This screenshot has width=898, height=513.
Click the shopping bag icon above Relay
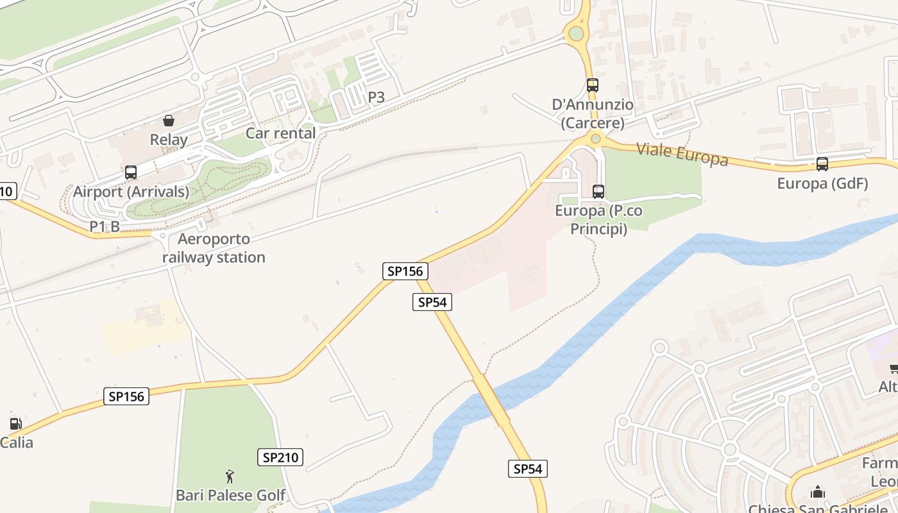click(x=169, y=121)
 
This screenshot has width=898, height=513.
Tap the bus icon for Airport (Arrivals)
click(x=131, y=172)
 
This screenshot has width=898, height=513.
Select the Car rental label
click(x=281, y=133)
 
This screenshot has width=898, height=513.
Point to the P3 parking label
click(x=377, y=97)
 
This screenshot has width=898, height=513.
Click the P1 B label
click(x=105, y=226)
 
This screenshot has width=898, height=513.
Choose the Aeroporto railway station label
click(x=214, y=248)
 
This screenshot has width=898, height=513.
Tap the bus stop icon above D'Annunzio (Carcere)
click(x=592, y=85)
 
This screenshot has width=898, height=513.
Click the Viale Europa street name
click(x=682, y=155)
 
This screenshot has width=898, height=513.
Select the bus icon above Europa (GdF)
click(x=822, y=164)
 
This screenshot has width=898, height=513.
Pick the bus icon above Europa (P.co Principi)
click(x=598, y=191)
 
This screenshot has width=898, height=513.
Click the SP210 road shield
click(x=280, y=457)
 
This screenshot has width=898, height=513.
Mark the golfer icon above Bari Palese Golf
click(x=230, y=476)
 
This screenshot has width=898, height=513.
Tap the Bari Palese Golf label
click(x=231, y=495)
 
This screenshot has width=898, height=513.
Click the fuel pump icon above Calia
click(x=15, y=424)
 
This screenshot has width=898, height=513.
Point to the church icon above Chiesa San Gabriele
click(x=818, y=492)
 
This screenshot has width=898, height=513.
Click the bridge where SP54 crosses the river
click(x=491, y=399)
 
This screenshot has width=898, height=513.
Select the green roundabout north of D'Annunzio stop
click(x=576, y=33)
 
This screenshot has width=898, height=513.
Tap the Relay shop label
click(x=169, y=140)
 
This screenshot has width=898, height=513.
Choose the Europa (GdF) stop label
click(x=822, y=183)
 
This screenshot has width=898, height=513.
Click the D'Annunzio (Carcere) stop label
click(x=593, y=114)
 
